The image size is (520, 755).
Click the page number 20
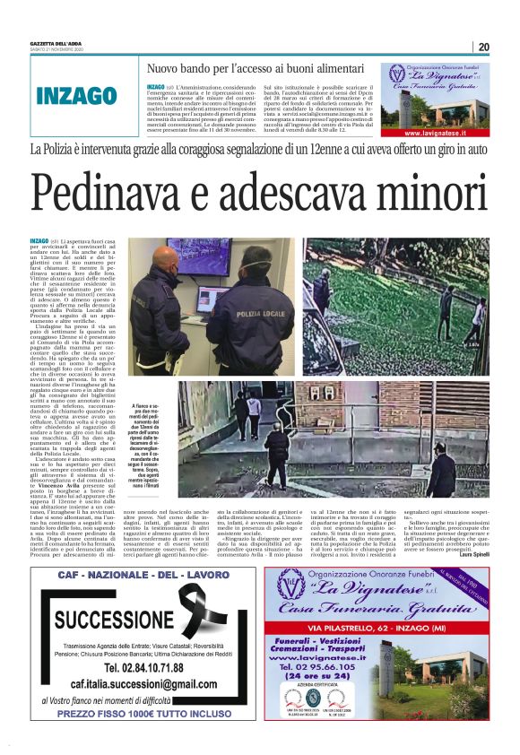[x=483, y=48]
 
